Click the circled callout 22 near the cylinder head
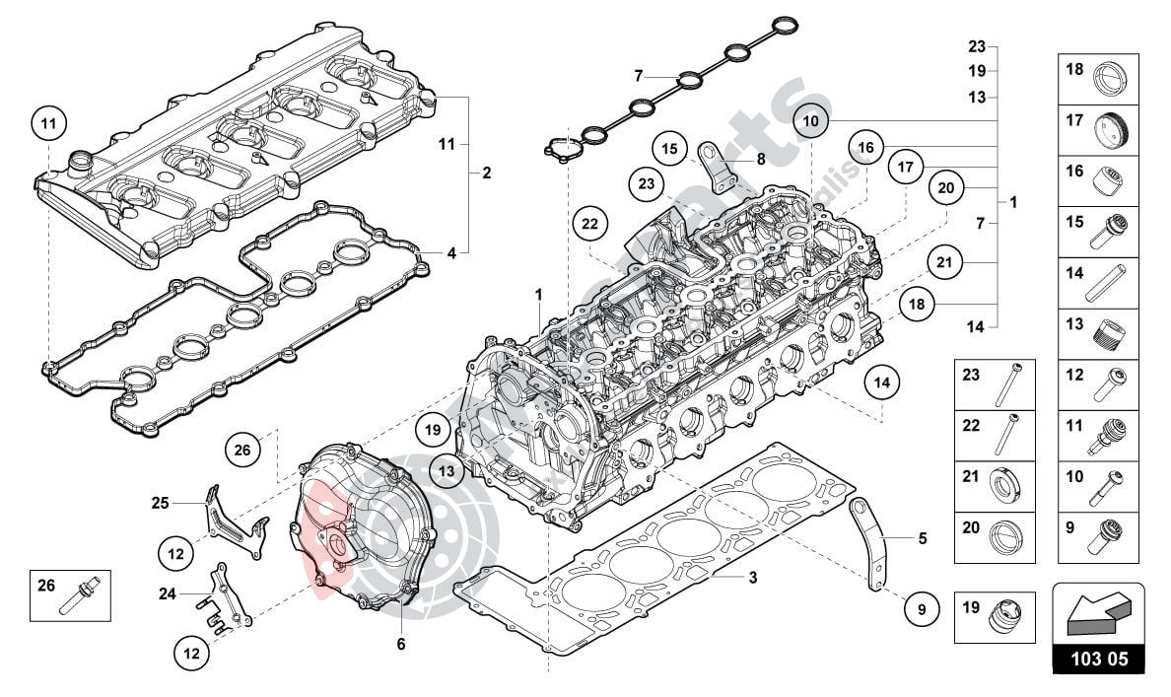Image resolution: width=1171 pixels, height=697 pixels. [x=589, y=225]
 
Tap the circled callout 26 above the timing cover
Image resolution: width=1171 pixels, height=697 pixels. [x=242, y=451]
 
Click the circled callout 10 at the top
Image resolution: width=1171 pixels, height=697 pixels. [x=810, y=120]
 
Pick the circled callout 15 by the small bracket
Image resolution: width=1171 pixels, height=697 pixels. [x=670, y=151]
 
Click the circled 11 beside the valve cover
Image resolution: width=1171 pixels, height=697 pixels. [x=48, y=123]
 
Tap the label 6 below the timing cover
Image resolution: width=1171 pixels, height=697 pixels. [x=401, y=644]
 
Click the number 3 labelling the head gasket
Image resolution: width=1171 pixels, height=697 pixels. [x=752, y=578]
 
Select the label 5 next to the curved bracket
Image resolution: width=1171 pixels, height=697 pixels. [x=923, y=538]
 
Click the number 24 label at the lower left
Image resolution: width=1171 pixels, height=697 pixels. [x=167, y=593]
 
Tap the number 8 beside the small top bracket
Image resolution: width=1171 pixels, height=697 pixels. [x=761, y=159]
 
